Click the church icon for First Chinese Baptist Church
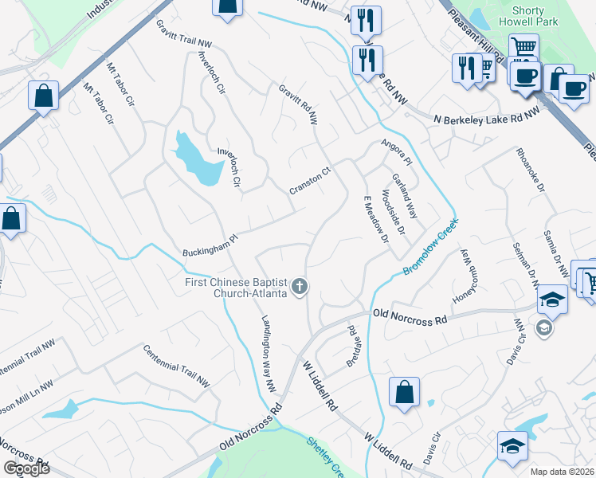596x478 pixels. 300,287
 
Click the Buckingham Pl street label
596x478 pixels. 210,241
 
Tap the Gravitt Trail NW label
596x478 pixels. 184,33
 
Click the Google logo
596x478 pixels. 25,468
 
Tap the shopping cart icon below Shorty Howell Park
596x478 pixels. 523,48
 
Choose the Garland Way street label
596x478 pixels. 404,197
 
